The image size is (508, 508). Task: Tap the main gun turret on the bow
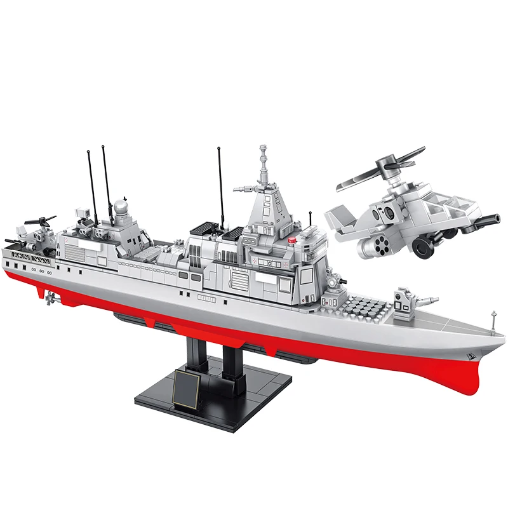[404, 300]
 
